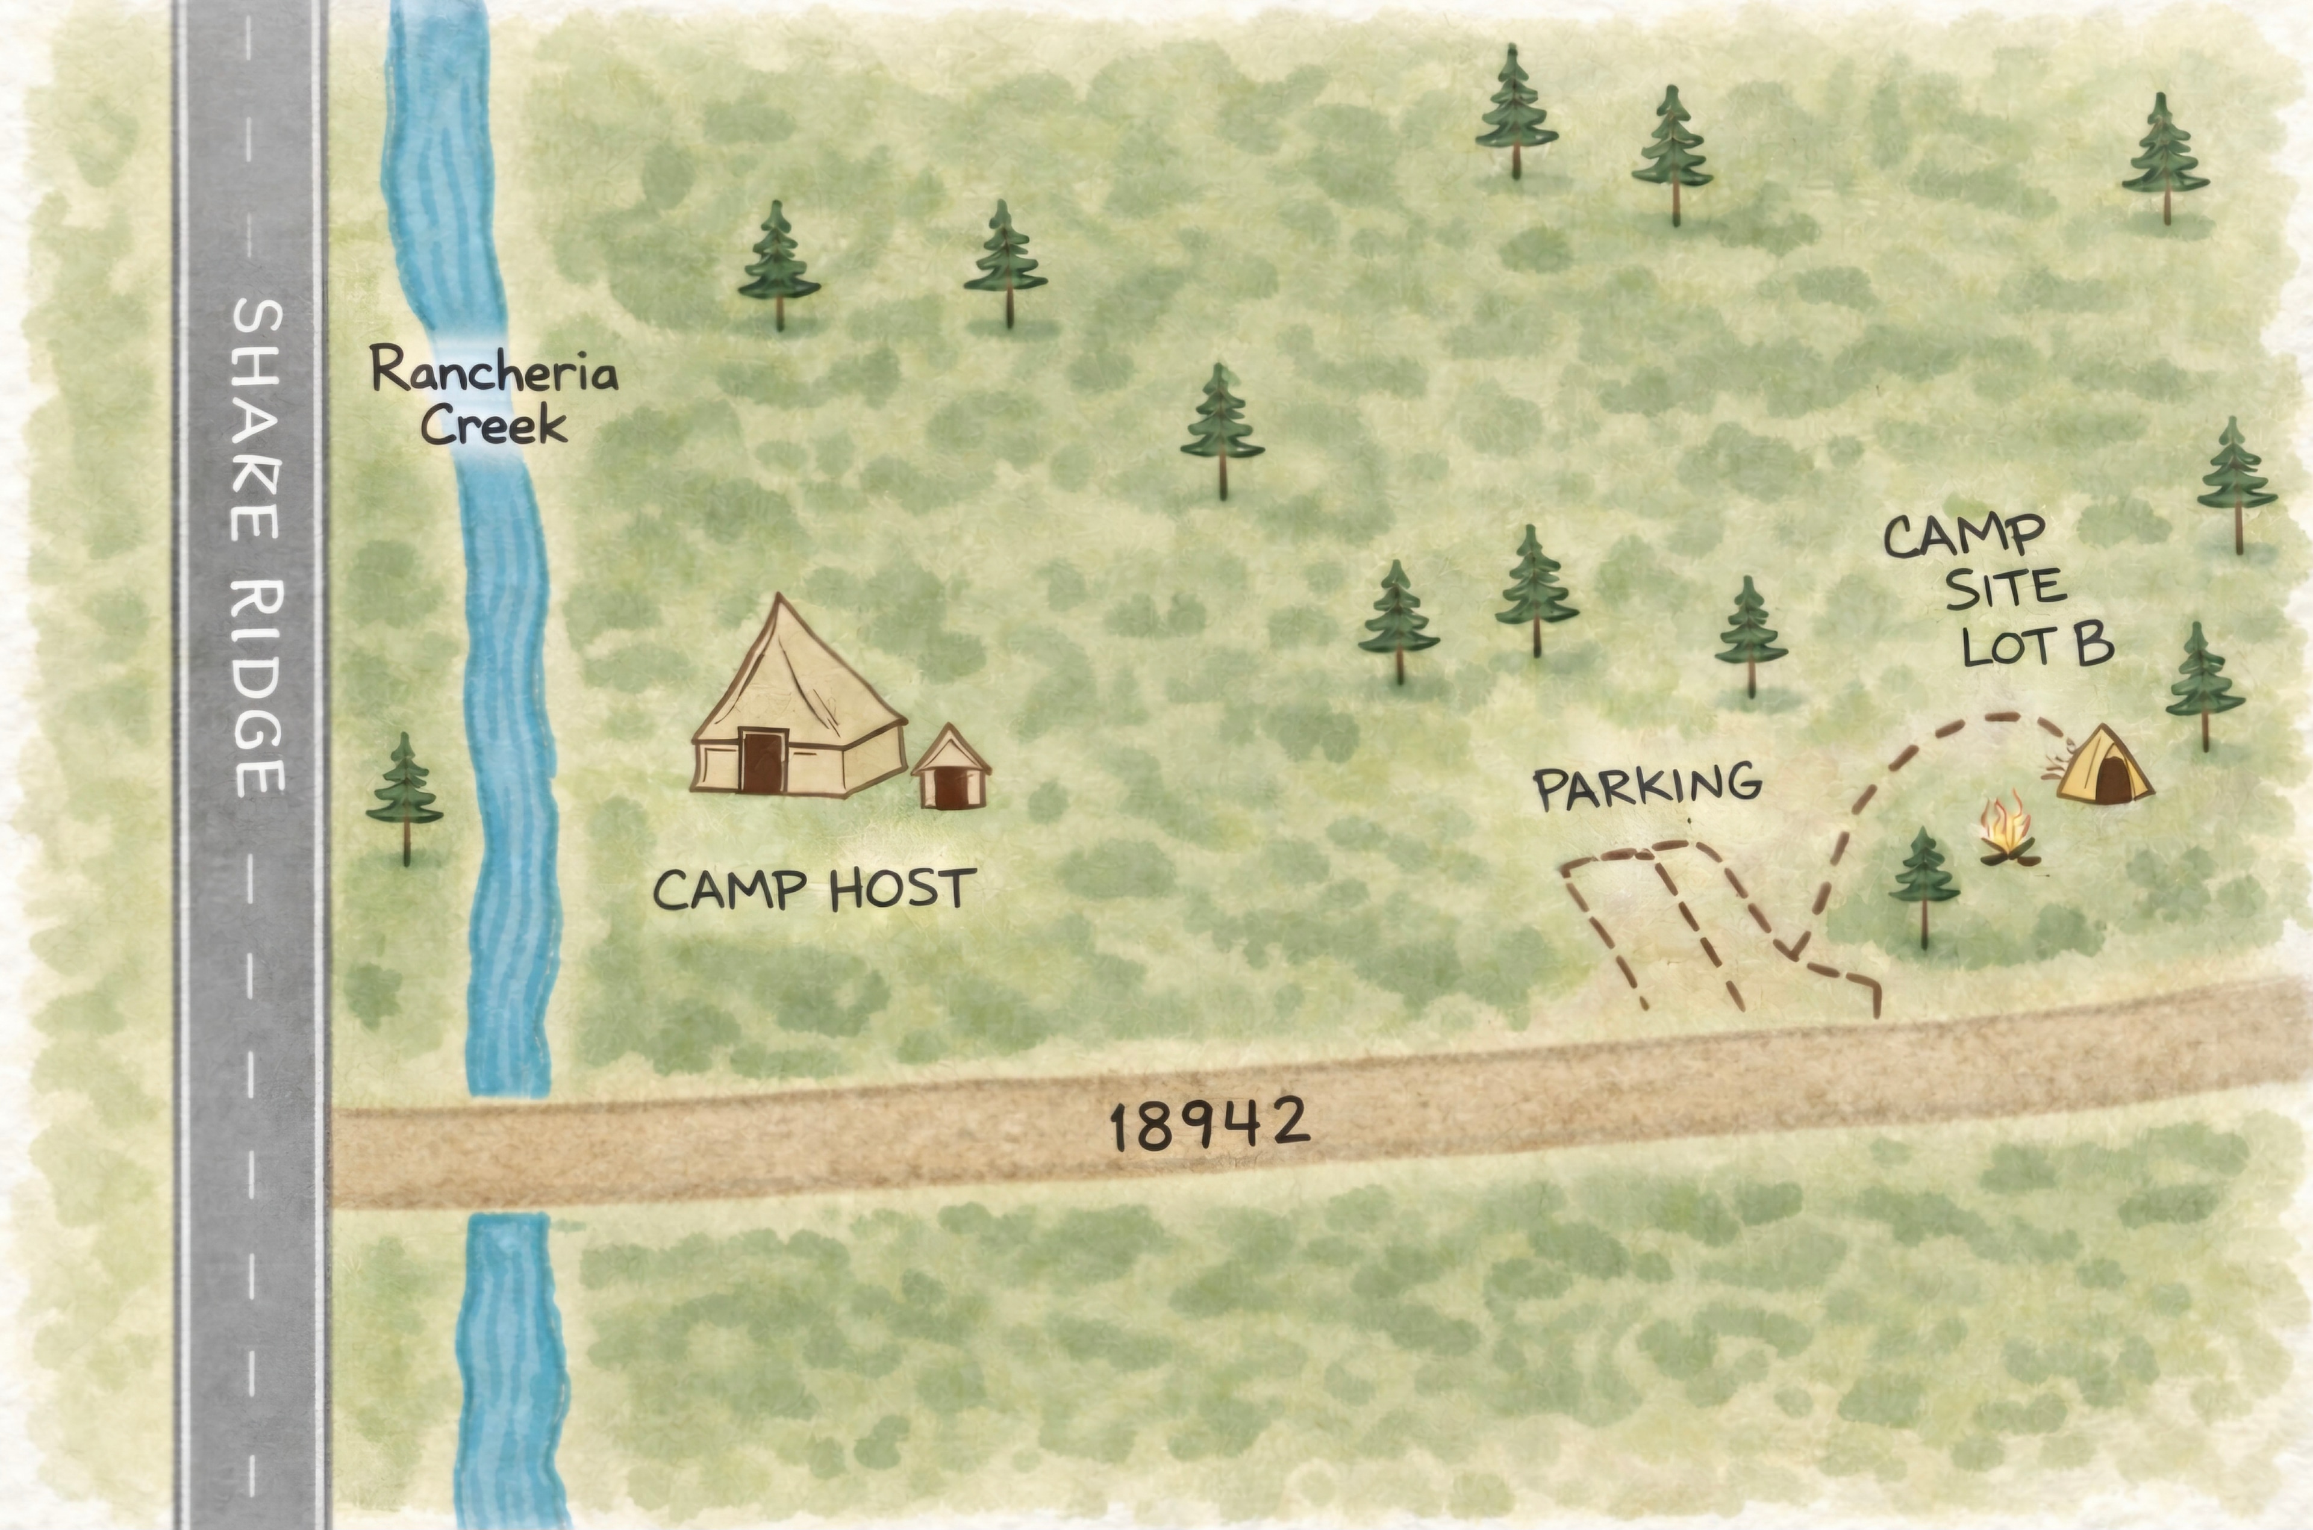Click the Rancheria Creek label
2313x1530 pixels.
pos(494,398)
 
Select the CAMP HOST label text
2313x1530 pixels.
pos(814,889)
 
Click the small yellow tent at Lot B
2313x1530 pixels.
pos(2104,767)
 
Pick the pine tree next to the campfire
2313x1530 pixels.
pos(1923,883)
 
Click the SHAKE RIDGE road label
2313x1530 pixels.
pos(258,547)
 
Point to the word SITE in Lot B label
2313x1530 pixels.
pos(2006,588)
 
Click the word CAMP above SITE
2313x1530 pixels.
pos(1964,536)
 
